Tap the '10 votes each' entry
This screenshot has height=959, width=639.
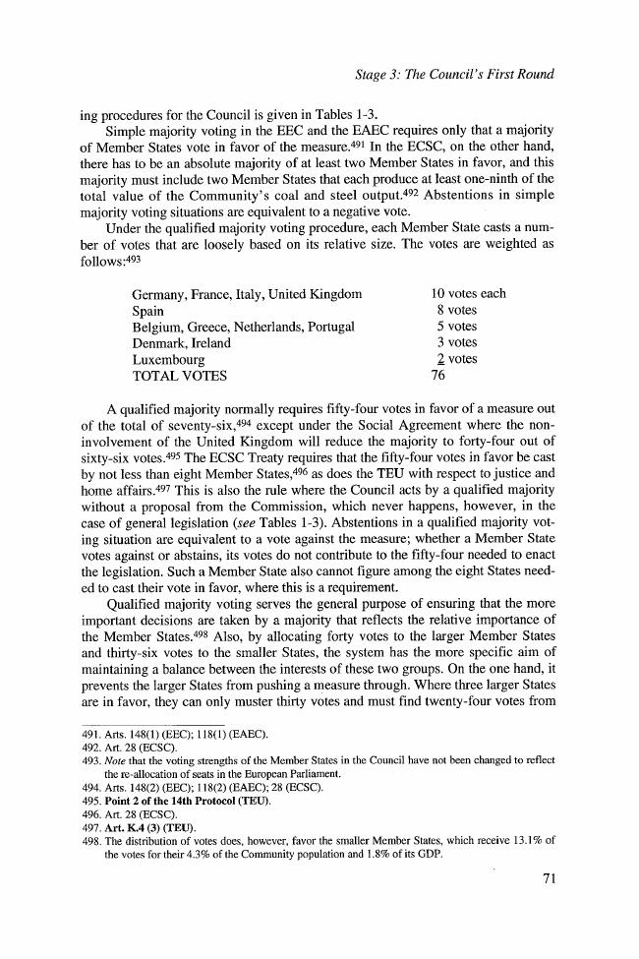[x=468, y=293]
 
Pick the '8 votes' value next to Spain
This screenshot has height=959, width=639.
[x=455, y=310]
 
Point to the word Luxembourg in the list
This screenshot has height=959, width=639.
[x=168, y=360]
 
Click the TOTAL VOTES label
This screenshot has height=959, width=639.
[x=179, y=377]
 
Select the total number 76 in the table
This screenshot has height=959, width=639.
[x=439, y=377]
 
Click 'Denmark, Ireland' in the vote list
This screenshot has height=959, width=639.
[x=182, y=343]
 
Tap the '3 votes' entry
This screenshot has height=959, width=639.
[x=455, y=343]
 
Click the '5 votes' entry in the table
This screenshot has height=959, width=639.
[x=455, y=327]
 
